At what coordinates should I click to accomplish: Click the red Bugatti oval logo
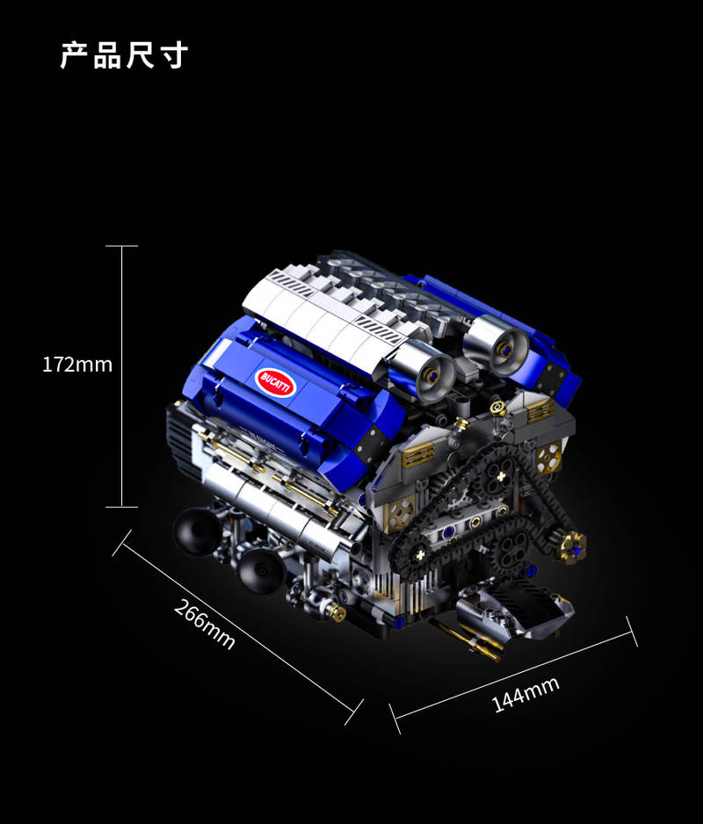[x=276, y=382]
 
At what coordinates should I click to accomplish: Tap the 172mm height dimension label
[x=77, y=365]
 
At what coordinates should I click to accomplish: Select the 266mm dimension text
[x=204, y=625]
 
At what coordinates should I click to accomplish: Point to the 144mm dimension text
[x=525, y=694]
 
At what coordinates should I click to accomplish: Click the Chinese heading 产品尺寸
[x=124, y=55]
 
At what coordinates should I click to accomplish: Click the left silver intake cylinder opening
[x=431, y=375]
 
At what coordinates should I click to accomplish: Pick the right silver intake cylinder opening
[x=507, y=349]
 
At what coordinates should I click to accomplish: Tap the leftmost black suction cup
[x=197, y=531]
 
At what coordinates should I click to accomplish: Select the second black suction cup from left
[x=261, y=571]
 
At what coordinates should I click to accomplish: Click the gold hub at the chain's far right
[x=573, y=547]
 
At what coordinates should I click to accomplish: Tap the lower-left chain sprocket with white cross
[x=419, y=554]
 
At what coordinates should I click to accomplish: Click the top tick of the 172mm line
[x=122, y=245]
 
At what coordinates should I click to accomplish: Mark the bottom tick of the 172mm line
[x=122, y=507]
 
